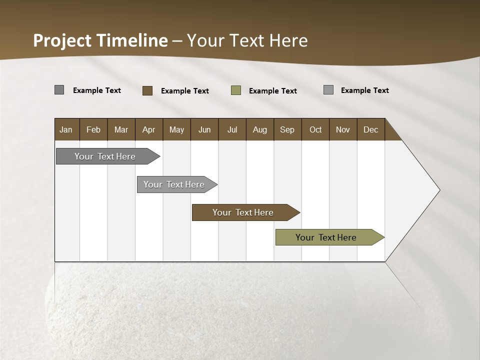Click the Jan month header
[x=66, y=129]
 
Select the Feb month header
[x=93, y=129]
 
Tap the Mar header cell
[x=121, y=129]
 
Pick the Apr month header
[x=149, y=129]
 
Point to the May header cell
[x=176, y=129]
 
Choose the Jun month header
[x=204, y=129]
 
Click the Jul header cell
[x=232, y=129]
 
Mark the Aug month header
[x=260, y=129]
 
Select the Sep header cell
[x=287, y=129]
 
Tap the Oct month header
[x=315, y=129]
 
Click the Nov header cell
[x=343, y=129]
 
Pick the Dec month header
[x=371, y=129]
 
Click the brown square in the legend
[x=147, y=90]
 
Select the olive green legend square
[x=236, y=90]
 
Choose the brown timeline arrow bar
[x=243, y=212]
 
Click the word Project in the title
[x=62, y=40]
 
